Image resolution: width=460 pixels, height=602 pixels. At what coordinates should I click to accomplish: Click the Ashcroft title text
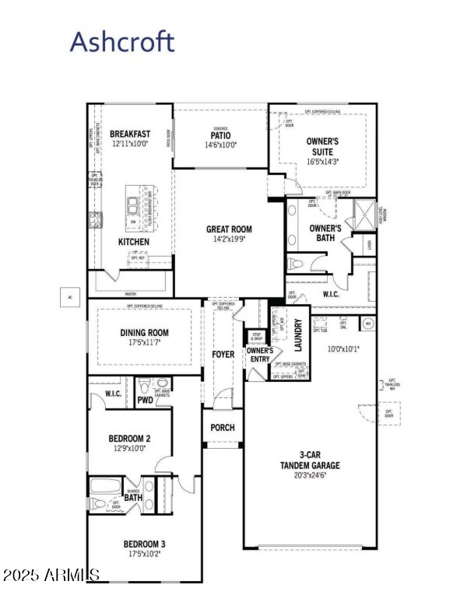(x=122, y=41)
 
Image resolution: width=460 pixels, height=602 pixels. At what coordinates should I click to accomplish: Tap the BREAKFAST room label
(x=130, y=134)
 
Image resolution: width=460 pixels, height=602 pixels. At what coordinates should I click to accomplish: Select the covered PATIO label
(x=219, y=135)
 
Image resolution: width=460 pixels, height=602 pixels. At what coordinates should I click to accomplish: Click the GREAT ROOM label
(x=229, y=229)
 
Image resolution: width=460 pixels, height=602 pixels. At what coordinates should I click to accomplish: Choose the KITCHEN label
(x=133, y=242)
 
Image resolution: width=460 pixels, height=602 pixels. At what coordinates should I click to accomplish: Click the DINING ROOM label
(x=144, y=333)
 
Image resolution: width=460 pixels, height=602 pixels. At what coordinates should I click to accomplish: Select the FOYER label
(x=223, y=355)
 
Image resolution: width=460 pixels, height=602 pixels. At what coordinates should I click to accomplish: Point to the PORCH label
(x=223, y=428)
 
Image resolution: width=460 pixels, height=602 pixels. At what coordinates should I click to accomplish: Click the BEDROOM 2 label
(x=129, y=439)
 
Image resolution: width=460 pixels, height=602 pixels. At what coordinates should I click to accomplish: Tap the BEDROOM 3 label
(x=144, y=544)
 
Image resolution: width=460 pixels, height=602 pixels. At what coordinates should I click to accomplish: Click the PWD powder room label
(x=145, y=401)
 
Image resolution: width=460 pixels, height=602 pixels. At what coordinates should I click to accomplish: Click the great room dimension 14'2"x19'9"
(x=229, y=240)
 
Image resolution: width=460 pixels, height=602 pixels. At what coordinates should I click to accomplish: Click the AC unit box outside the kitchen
(x=69, y=296)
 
